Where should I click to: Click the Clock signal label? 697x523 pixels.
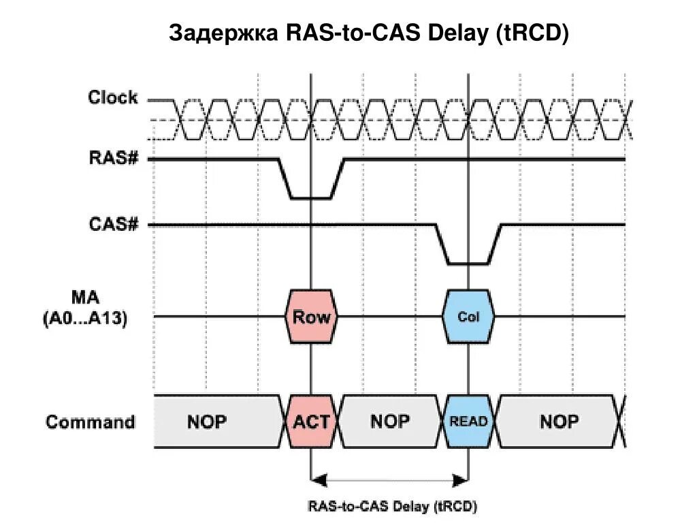click(x=112, y=98)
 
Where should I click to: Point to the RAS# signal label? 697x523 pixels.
click(x=114, y=159)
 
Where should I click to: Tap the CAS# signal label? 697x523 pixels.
click(x=114, y=224)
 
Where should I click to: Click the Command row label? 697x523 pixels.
click(x=90, y=422)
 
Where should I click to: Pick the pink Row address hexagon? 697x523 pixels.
click(x=311, y=317)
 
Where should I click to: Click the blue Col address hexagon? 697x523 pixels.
click(x=468, y=317)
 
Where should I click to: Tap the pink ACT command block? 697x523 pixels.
click(x=311, y=422)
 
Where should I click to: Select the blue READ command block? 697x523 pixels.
click(x=468, y=422)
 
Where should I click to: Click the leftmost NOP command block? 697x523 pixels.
click(x=207, y=422)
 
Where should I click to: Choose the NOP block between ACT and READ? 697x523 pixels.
click(x=390, y=422)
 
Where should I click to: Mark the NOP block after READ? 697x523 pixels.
click(x=560, y=422)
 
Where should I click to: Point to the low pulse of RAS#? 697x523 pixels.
click(x=311, y=197)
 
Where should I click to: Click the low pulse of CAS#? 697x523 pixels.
click(x=468, y=262)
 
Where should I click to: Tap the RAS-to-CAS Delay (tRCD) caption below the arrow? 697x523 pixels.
click(x=393, y=507)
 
